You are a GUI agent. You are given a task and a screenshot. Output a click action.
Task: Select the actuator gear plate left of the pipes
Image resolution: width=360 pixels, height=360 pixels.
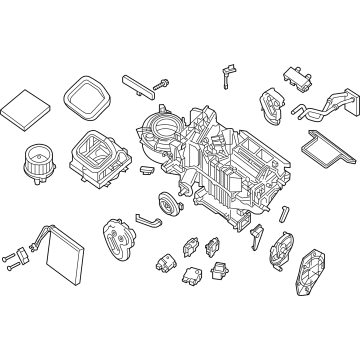coord(271,103)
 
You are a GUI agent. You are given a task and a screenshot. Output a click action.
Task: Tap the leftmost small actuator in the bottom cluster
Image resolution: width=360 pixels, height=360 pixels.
coord(162,262)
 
